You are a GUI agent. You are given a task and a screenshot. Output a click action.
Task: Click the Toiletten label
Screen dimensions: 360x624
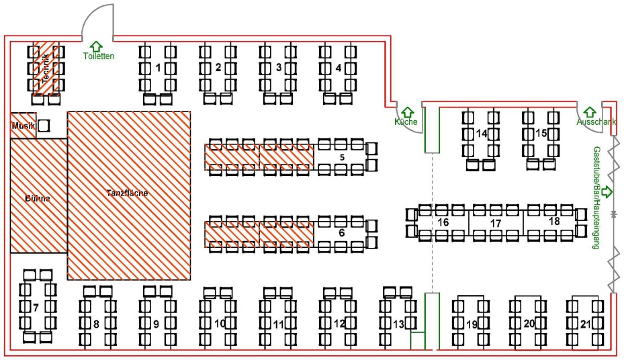pos(99,56)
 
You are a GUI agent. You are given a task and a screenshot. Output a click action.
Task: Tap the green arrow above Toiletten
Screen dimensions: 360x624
pos(96,46)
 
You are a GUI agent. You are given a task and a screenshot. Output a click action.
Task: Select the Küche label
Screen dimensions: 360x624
pos(406,122)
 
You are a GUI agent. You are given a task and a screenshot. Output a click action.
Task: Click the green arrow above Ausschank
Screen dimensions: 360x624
pos(590,111)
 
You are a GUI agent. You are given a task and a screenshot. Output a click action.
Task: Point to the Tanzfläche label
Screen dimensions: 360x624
pos(127,193)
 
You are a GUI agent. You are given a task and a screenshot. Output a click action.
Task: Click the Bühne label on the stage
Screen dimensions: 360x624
pos(38,199)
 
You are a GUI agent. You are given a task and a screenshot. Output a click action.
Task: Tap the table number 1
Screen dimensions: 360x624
pos(158,67)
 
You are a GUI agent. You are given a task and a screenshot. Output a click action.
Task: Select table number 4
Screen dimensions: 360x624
pos(338,67)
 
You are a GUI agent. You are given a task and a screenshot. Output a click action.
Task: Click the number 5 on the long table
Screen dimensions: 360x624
pos(341,157)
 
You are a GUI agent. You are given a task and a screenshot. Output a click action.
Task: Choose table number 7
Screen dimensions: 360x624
pos(36,308)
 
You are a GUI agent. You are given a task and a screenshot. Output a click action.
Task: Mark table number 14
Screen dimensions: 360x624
pos(481,134)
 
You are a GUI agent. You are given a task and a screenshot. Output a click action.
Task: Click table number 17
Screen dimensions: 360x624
pos(496,222)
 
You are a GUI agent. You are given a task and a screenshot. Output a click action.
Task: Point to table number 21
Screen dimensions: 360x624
pos(585,324)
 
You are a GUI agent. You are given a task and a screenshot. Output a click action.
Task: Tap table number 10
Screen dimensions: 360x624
pos(219,324)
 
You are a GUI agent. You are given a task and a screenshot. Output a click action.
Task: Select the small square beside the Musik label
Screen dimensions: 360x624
pos(44,125)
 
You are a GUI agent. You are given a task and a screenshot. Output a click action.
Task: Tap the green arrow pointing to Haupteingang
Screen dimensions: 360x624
pos(608,191)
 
